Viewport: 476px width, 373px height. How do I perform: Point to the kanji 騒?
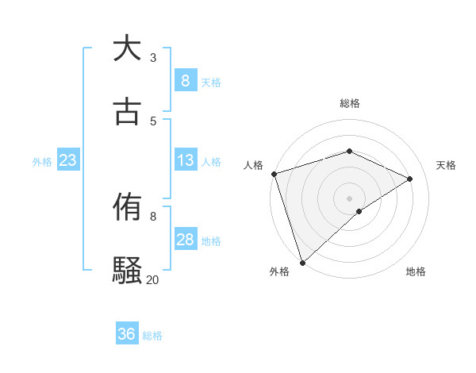pos(127,271)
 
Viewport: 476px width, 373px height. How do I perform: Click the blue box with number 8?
pos(185,80)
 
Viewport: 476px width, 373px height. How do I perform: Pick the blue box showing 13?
pos(185,160)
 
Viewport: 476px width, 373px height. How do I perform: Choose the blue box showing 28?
pos(185,240)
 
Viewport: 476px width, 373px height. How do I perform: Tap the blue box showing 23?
pos(67,160)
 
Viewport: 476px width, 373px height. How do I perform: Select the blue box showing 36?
pos(126,334)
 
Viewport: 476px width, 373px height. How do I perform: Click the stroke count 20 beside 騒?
pos(152,279)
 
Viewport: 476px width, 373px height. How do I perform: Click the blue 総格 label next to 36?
pos(152,336)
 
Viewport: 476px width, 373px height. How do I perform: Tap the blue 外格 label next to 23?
pos(42,162)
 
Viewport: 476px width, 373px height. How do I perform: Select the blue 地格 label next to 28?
pos(211,241)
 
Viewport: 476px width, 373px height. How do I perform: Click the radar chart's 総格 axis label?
pos(349,103)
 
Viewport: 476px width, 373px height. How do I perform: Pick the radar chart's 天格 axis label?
pos(446,165)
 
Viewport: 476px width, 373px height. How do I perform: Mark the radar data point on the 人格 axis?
pos(274,174)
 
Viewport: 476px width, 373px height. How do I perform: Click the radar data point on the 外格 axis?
pos(302,262)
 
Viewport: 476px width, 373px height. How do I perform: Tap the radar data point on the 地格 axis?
pos(359,211)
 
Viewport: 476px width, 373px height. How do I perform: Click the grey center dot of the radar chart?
pos(349,198)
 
